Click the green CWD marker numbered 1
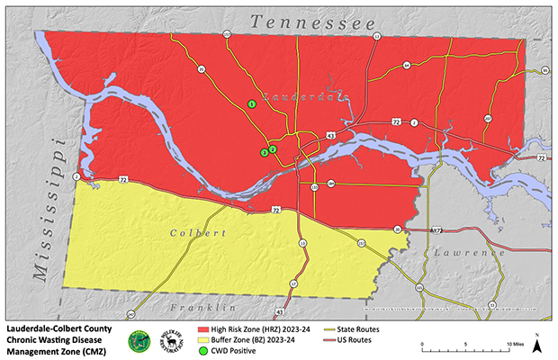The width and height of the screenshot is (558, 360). coord(252,105)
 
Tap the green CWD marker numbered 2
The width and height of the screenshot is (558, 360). coord(272,149)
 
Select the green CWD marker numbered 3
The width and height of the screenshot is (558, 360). coord(264,153)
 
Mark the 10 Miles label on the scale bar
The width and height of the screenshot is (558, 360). coord(515,344)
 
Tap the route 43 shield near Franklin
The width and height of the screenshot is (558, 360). coord(279,312)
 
